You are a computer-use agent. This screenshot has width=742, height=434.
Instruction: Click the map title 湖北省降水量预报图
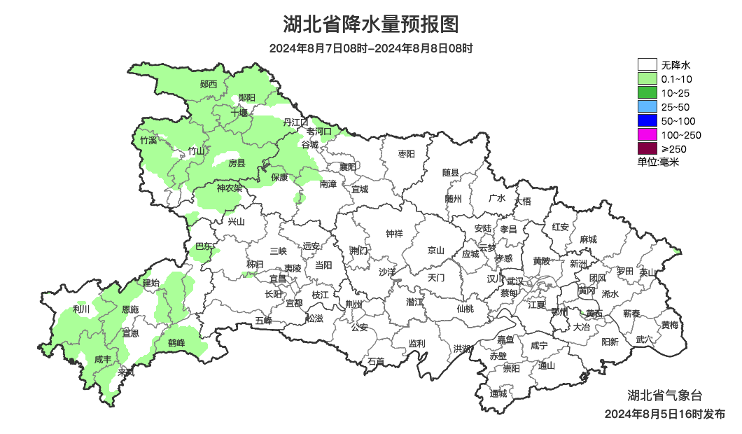tap(370, 24)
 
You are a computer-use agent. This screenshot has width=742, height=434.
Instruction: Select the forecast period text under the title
tap(370, 48)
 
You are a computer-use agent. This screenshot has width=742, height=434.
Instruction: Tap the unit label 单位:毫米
tap(658, 162)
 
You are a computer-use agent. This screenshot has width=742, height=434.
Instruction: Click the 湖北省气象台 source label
tap(661, 395)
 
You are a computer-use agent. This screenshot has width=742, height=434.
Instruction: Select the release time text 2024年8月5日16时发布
tap(664, 414)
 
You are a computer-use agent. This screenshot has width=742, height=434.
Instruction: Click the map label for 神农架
tap(229, 188)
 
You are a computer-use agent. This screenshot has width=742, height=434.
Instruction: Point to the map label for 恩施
tap(129, 309)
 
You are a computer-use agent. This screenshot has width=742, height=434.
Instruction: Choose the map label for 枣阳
tap(406, 153)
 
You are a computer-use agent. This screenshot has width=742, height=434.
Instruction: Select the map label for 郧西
tap(209, 84)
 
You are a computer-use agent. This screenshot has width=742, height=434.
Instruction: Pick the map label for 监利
tap(416, 343)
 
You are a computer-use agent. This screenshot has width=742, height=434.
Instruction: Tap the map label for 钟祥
tap(394, 234)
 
